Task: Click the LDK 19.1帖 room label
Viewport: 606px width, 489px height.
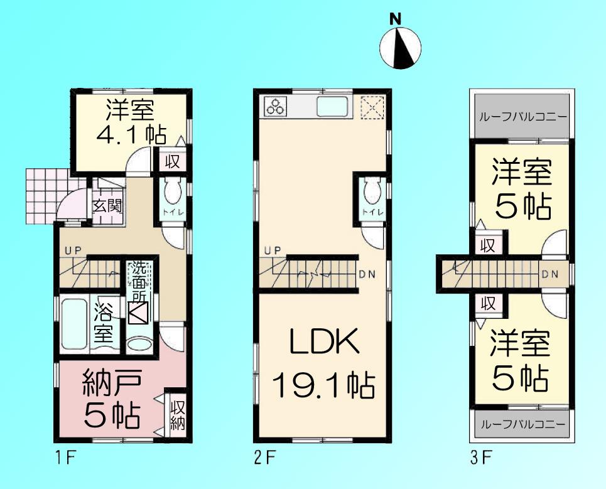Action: (323, 363)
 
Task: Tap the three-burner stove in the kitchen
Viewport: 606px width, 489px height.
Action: (276, 106)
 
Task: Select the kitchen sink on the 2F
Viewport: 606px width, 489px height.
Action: (335, 107)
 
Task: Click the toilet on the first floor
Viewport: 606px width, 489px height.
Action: (173, 191)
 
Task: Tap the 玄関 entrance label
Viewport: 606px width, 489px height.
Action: (107, 206)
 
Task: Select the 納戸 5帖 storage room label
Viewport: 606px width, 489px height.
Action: (113, 397)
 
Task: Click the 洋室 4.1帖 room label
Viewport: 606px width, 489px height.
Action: (130, 122)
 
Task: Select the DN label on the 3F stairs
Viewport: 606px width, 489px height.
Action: (550, 274)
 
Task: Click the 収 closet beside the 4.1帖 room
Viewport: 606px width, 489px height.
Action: (172, 161)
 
